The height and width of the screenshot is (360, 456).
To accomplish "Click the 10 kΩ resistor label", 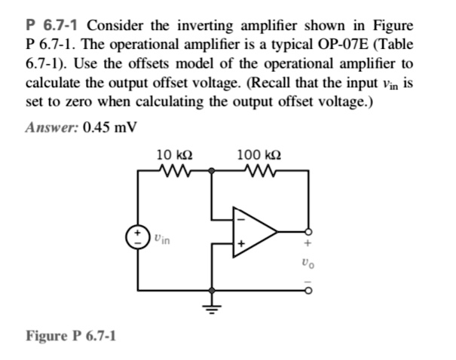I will [173, 154].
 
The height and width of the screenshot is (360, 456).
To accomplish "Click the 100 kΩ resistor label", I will [259, 154].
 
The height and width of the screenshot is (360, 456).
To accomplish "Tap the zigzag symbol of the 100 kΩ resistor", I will [260, 171].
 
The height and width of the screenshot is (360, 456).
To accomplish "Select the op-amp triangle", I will [252, 230].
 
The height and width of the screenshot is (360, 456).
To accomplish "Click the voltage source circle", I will [137, 235].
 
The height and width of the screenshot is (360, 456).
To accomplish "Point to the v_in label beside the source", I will [161, 240].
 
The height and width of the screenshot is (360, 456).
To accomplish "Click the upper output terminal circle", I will [307, 231].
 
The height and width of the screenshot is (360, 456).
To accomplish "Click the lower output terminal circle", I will [307, 288].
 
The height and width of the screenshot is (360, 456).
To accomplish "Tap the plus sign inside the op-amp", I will [241, 244].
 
